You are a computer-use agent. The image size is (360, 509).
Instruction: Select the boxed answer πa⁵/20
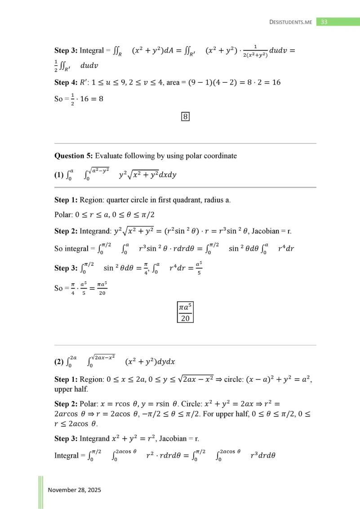coord(185,312)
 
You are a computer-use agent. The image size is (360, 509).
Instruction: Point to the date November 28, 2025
coord(74,490)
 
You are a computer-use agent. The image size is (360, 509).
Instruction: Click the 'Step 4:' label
coord(66,83)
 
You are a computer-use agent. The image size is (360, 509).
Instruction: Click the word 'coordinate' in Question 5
coord(220,156)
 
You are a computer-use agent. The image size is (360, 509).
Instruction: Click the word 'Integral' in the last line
coord(67,455)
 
